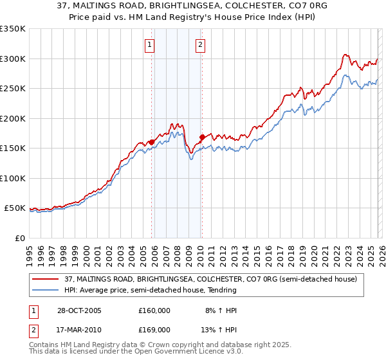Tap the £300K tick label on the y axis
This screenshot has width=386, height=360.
point(13,59)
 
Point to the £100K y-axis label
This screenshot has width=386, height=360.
point(13,178)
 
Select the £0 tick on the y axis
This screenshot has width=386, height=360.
point(19,238)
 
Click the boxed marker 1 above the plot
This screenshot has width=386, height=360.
point(150,44)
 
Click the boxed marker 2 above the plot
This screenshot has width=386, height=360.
point(201,44)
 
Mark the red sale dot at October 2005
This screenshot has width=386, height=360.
point(152,142)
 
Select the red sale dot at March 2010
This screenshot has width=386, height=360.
point(202,137)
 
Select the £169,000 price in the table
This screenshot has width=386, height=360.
point(154,330)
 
